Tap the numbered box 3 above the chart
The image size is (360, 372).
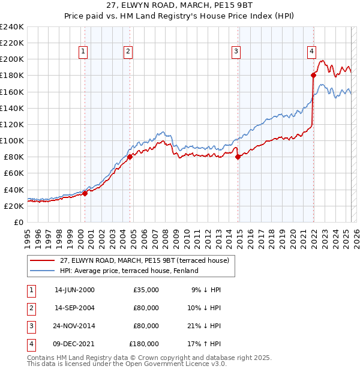236,52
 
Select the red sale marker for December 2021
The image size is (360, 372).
313,75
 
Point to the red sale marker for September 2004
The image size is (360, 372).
130,157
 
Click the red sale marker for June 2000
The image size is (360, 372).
85,193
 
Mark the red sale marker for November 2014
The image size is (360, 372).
238,157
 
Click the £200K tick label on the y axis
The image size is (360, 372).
11,59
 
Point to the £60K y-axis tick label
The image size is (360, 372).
13,173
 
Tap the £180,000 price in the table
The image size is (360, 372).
143,344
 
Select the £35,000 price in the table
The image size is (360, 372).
146,289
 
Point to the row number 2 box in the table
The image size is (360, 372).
29,308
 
